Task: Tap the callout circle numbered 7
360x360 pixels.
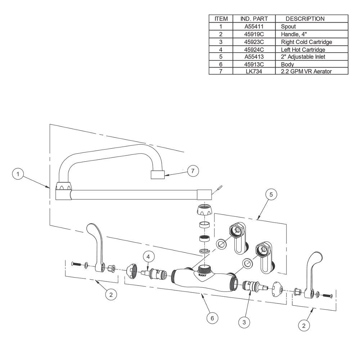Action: pyautogui.click(x=193, y=171)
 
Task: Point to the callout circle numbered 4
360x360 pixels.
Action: pyautogui.click(x=149, y=257)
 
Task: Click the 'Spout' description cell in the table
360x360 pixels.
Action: pyautogui.click(x=288, y=27)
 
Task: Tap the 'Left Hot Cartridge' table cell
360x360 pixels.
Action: pyautogui.click(x=303, y=49)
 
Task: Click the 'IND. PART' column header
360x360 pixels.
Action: pyautogui.click(x=255, y=18)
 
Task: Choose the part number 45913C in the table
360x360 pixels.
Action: pyautogui.click(x=255, y=64)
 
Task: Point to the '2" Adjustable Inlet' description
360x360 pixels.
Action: pyautogui.click(x=303, y=57)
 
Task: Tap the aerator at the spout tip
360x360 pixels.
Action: pyautogui.click(x=157, y=175)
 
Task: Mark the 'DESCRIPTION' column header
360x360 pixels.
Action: pyautogui.click(x=305, y=18)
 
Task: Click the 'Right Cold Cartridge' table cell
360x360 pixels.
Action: pyautogui.click(x=306, y=42)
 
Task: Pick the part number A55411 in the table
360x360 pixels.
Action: pyautogui.click(x=255, y=27)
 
